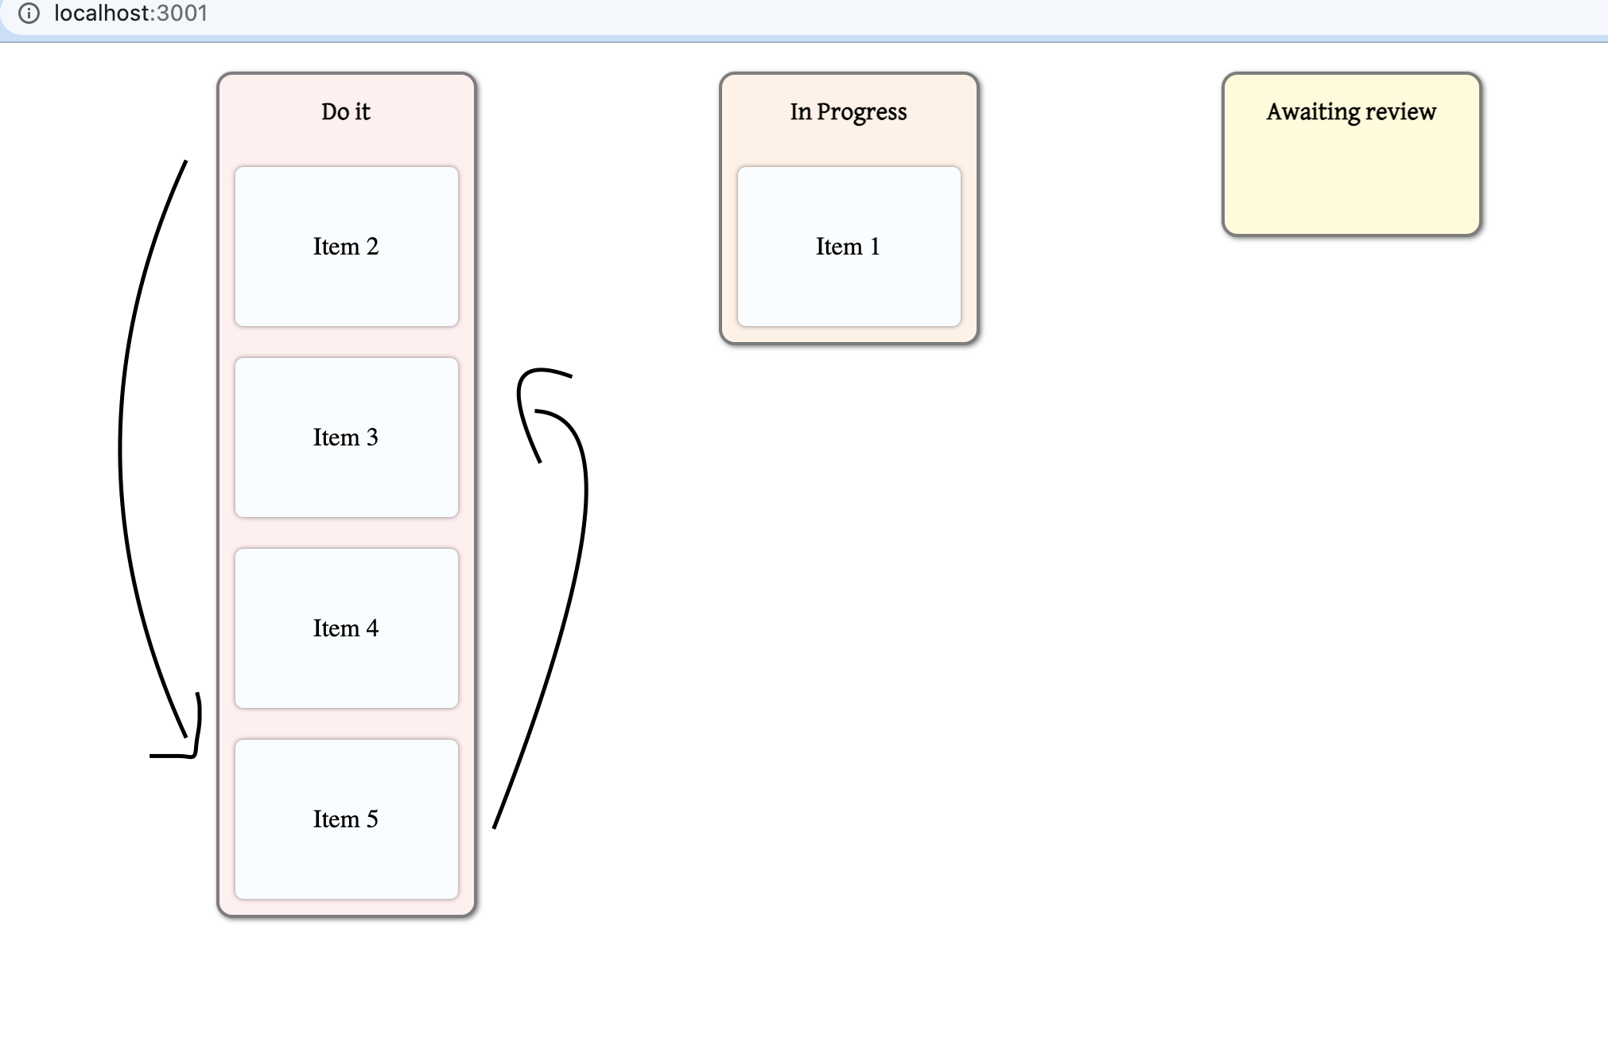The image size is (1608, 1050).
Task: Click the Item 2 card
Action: point(346,247)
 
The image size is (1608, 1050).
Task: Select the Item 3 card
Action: point(346,437)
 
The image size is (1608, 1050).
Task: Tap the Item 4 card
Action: point(346,628)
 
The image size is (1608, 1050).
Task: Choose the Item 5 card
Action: point(346,819)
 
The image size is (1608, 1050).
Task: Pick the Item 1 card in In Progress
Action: point(849,247)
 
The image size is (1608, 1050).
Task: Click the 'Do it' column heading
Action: point(346,111)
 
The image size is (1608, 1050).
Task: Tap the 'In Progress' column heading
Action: point(849,111)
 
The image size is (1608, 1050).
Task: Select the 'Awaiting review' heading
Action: point(1351,111)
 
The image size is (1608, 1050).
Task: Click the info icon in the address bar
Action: point(29,14)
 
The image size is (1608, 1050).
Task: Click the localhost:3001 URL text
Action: point(130,14)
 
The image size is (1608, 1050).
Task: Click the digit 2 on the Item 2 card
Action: point(372,247)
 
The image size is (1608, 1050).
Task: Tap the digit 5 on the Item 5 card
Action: point(372,819)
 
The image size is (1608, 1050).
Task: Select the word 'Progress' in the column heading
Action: point(862,112)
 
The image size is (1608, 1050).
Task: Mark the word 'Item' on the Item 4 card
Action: point(336,628)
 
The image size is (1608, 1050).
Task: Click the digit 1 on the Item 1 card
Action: point(875,247)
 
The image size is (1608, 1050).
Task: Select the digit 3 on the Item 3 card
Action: point(372,437)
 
